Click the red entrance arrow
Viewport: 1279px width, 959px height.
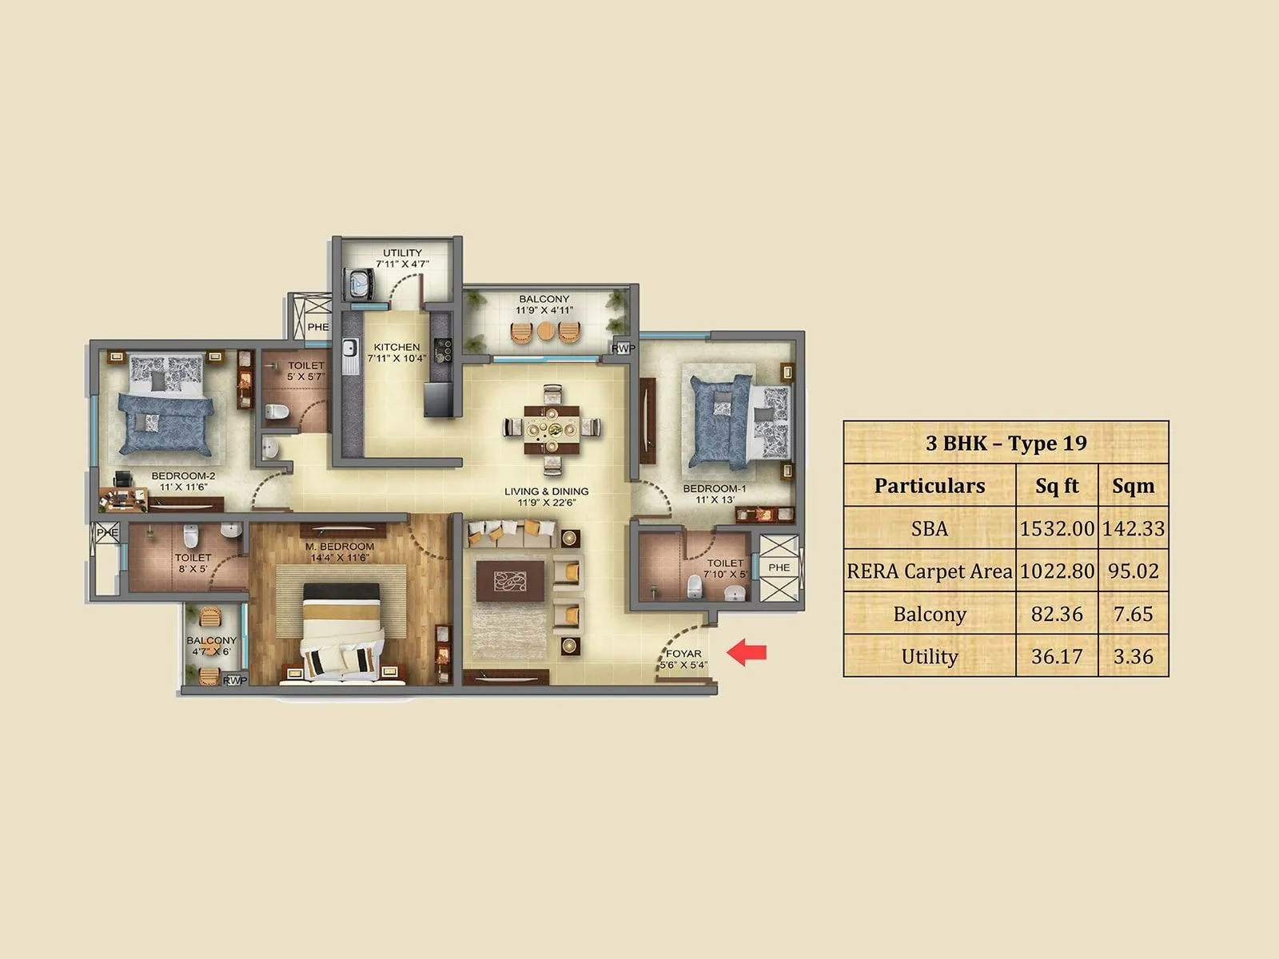tap(747, 653)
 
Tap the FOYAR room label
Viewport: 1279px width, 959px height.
tap(683, 654)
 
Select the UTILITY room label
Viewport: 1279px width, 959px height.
tap(402, 253)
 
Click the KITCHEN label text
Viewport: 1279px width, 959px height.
tap(396, 348)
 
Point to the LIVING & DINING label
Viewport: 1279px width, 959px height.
tap(547, 491)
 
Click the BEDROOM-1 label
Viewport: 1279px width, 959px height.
tap(715, 488)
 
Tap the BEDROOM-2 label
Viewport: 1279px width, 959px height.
tap(184, 476)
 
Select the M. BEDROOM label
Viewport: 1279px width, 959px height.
tap(340, 547)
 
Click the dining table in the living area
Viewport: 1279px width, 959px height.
tap(552, 429)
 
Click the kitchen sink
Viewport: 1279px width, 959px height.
tap(349, 349)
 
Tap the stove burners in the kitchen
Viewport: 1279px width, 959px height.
tap(442, 349)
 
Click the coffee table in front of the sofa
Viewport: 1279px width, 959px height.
tap(510, 579)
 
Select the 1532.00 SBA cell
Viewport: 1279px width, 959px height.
tap(1057, 528)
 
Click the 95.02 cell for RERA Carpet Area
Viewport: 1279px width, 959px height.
tap(1133, 571)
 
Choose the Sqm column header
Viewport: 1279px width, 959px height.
tap(1133, 485)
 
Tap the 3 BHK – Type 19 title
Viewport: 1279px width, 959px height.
tap(1006, 443)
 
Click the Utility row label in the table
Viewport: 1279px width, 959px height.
tap(929, 656)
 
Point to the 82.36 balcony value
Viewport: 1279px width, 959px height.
tap(1057, 614)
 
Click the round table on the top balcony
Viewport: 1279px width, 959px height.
tap(545, 331)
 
